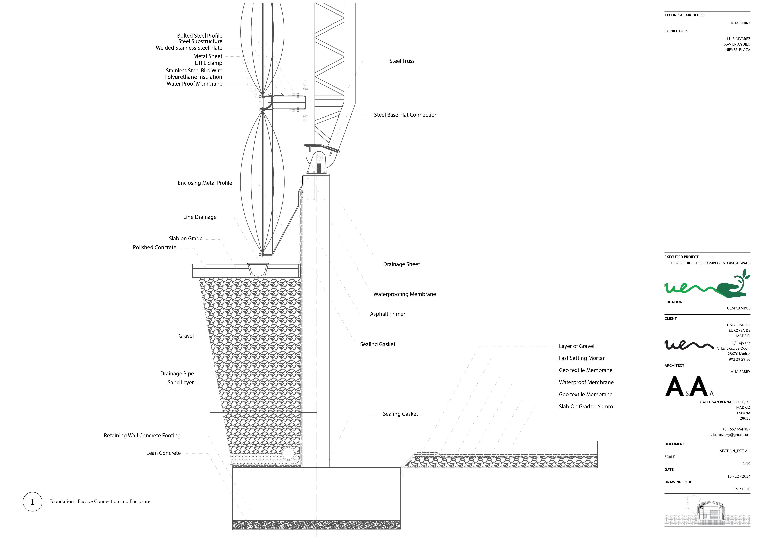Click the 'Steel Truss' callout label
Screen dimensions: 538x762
coord(402,61)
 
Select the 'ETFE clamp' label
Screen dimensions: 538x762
coord(208,63)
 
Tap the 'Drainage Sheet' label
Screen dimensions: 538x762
coord(401,264)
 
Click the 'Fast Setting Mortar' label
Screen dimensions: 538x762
coord(581,358)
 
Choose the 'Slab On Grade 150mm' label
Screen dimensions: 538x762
coord(585,407)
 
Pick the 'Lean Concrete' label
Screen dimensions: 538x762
coord(163,453)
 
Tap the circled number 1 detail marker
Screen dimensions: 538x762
coord(33,502)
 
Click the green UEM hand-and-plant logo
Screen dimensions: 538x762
coord(707,285)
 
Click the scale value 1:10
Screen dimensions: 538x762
coord(746,464)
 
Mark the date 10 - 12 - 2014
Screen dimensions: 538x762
coord(738,476)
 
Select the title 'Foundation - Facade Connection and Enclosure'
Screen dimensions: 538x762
coord(100,501)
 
